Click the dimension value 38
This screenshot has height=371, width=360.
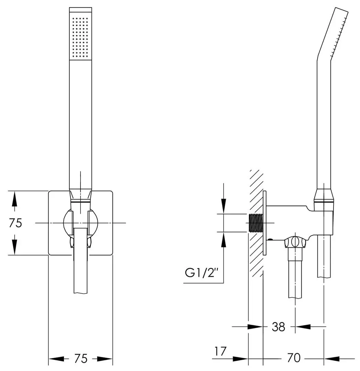click(278, 327)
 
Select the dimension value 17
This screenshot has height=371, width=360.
click(221, 351)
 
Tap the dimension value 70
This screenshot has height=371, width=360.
click(293, 358)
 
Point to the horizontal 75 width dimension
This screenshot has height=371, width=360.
click(80, 359)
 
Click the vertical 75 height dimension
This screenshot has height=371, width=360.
click(15, 223)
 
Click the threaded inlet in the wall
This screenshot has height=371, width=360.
click(255, 223)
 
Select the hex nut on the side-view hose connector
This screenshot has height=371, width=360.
click(295, 242)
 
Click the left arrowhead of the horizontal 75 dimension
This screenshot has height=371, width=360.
click(55, 359)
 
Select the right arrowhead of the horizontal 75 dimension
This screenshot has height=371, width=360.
click(106, 359)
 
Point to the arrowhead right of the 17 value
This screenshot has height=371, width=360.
click(241, 359)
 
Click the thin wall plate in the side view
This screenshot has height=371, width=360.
click(265, 223)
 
